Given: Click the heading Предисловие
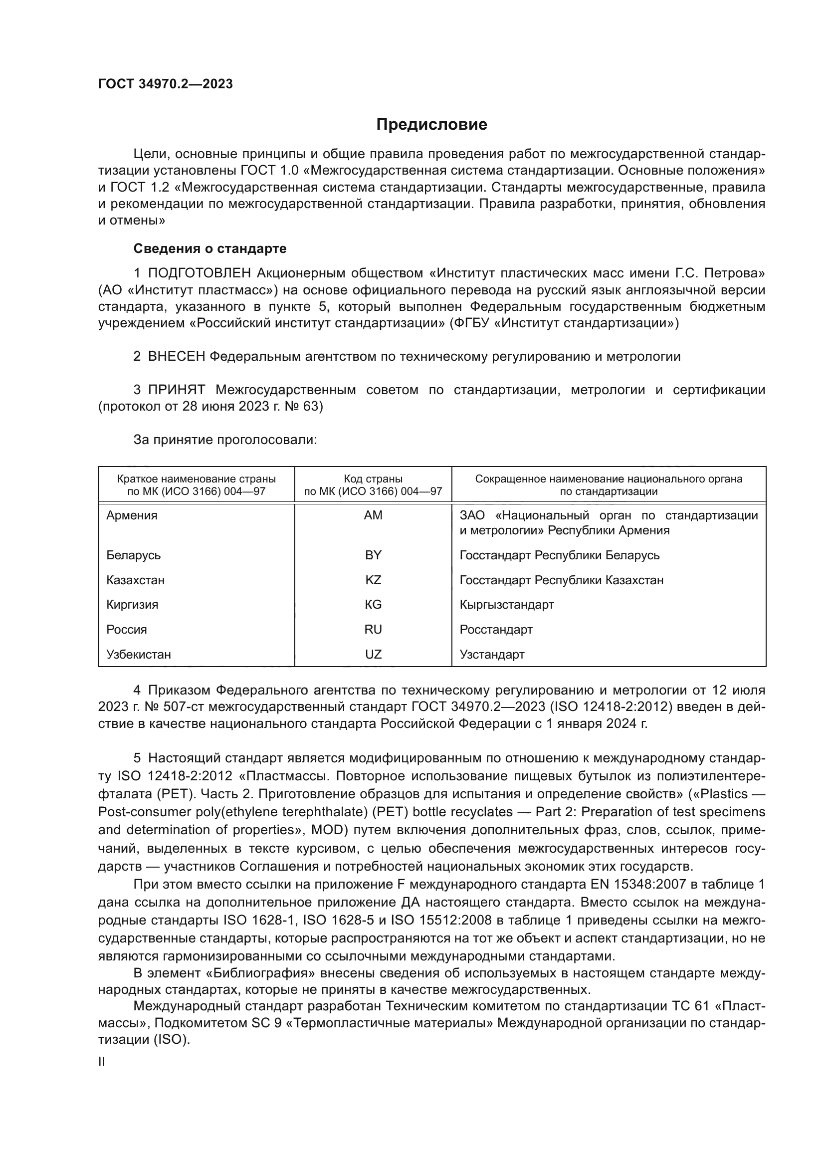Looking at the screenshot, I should (431, 125).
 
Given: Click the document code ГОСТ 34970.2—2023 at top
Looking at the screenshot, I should (166, 84).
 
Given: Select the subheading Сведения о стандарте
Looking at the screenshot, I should (210, 248).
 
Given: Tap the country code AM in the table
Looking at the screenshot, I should (373, 515).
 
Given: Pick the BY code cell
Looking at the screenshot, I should (373, 555).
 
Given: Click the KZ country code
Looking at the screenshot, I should (373, 580).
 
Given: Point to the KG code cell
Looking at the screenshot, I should (373, 604).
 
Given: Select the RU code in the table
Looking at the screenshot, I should (373, 629).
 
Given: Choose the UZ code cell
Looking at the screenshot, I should (373, 654).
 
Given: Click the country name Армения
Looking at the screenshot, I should (132, 515).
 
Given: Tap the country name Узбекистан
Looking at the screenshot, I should (139, 654).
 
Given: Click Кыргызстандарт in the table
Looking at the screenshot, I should (506, 604).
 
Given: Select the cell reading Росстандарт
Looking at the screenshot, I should (496, 629).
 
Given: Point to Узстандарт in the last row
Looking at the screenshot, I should (492, 654).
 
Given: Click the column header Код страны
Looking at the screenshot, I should (373, 479).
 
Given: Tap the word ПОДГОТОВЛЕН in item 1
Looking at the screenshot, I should (200, 273).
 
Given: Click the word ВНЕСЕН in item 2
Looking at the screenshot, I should (176, 356).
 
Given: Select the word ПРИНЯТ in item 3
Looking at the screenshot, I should (176, 390).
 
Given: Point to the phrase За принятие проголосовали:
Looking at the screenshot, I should (225, 440).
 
